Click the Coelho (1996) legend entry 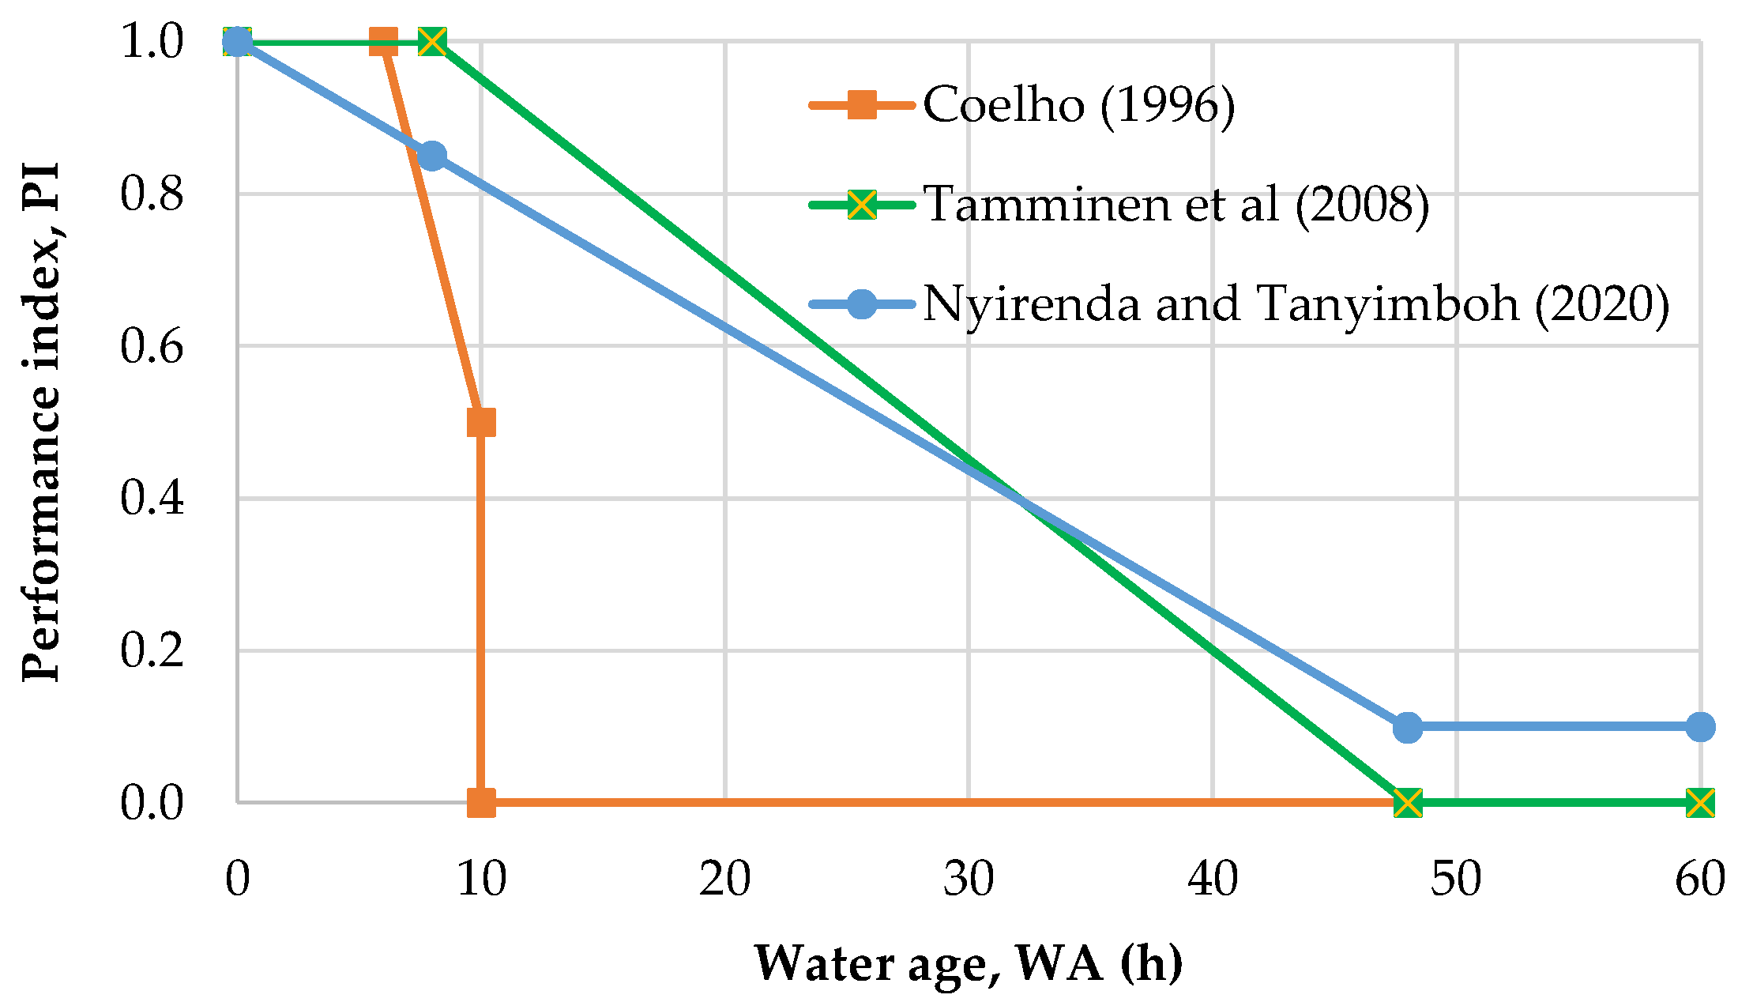tap(1078, 104)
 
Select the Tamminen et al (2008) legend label tap(1176, 204)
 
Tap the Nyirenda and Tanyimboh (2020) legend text tap(1296, 303)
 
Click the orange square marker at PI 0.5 tap(481, 423)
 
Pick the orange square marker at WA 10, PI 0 tap(481, 803)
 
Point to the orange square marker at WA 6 tap(384, 41)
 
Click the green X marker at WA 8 tap(432, 41)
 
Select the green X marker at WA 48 tap(1408, 803)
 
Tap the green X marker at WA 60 tap(1700, 803)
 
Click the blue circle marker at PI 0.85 tap(431, 156)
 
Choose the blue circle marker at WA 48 tap(1408, 727)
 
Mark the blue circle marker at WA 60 tap(1700, 727)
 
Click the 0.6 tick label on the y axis tap(152, 346)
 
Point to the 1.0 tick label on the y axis tap(152, 41)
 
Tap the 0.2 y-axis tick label tap(152, 650)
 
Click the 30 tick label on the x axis tap(969, 879)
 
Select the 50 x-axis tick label tap(1456, 879)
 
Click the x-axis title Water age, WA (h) tap(969, 963)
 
